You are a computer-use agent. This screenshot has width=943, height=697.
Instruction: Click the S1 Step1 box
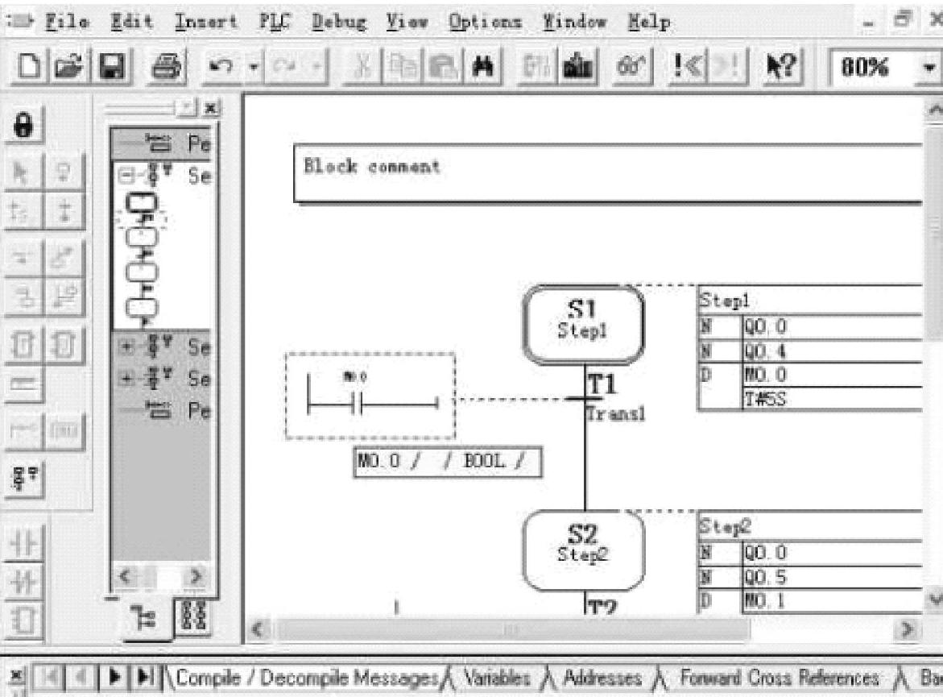click(x=584, y=325)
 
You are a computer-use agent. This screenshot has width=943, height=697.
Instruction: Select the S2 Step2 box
click(x=584, y=550)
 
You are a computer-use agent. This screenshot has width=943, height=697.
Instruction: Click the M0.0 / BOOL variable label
click(x=447, y=463)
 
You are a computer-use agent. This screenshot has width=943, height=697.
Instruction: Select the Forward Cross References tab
click(x=778, y=678)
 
